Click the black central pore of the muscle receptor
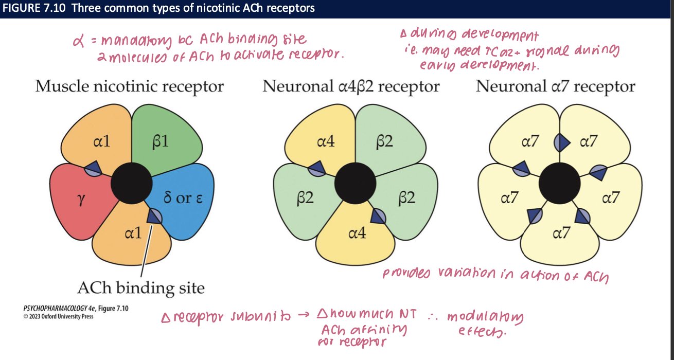[x=131, y=183]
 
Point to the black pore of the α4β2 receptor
[x=355, y=183]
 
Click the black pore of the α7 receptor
[x=560, y=183]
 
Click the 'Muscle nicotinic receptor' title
[x=129, y=86]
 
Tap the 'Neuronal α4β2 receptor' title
[x=351, y=86]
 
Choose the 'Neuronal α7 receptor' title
[x=555, y=86]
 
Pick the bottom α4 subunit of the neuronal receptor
[x=357, y=234]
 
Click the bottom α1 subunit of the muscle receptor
[x=133, y=234]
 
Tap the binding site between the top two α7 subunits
[x=560, y=142]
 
